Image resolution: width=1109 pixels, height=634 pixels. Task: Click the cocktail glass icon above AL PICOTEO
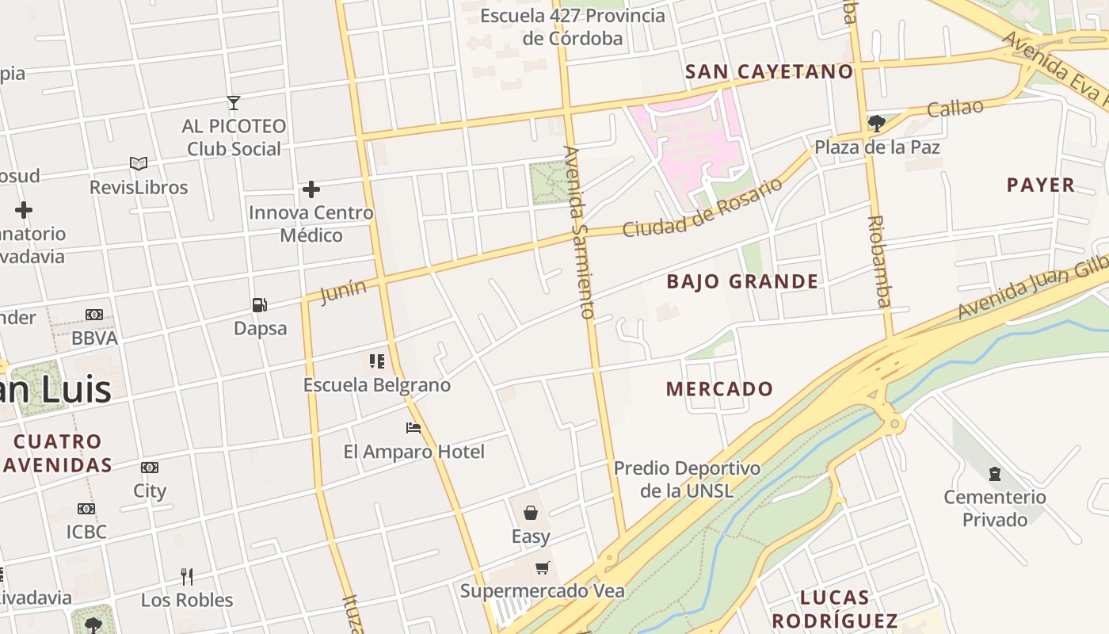[234, 103]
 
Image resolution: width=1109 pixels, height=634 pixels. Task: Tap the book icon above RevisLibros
[139, 164]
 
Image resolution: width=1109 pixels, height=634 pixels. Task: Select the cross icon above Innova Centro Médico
[311, 189]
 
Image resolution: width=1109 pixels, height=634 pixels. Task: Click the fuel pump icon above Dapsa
[259, 305]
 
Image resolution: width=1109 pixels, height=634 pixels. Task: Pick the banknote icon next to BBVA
[94, 315]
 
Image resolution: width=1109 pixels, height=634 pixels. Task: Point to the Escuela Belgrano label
[377, 385]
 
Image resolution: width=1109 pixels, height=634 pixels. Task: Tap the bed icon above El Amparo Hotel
[413, 428]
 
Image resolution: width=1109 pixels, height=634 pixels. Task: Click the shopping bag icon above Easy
[531, 513]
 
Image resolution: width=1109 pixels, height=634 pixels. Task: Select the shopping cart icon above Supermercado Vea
[542, 567]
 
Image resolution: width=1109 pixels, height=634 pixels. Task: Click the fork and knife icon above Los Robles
[187, 576]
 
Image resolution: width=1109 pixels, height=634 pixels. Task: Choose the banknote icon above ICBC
[86, 509]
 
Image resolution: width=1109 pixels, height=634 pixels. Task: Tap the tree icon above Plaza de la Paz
[876, 124]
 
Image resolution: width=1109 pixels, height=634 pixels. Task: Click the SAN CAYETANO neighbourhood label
[769, 72]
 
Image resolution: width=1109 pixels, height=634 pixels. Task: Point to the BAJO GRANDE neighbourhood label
[742, 281]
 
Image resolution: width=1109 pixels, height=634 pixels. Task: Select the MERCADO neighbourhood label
[719, 389]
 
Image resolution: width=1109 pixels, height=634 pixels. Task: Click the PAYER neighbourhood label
[1040, 185]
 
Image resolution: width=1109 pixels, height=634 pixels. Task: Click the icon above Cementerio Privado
[995, 475]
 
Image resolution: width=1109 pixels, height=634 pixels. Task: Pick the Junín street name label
[344, 292]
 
